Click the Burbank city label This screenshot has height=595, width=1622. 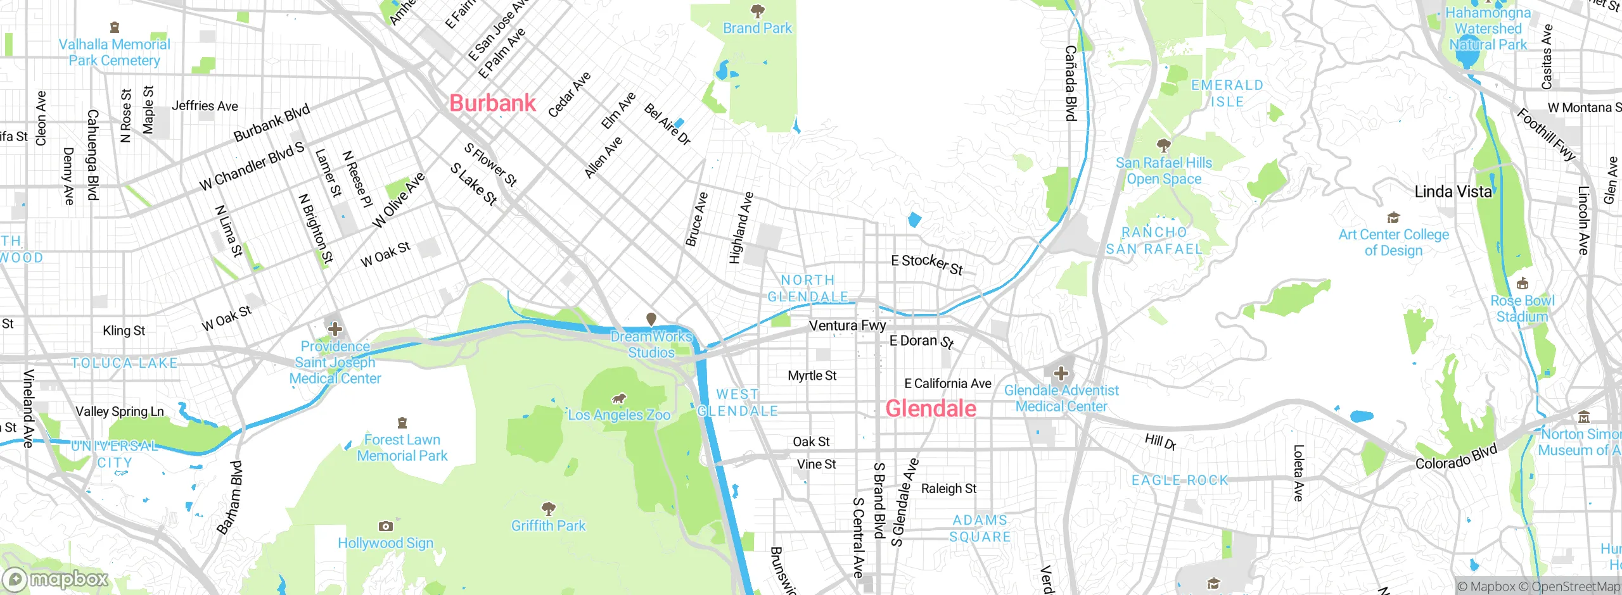(x=492, y=103)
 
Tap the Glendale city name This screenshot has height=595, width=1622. (x=930, y=409)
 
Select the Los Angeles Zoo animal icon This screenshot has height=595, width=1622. (x=618, y=399)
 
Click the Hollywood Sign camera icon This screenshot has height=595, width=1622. (x=385, y=526)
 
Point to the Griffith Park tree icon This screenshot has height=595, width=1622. (x=549, y=508)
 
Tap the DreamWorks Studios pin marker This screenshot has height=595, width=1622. (x=651, y=318)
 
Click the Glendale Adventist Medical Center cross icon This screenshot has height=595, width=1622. (x=1061, y=373)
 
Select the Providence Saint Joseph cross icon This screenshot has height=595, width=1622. (x=335, y=329)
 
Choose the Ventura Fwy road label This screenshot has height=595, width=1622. (x=847, y=326)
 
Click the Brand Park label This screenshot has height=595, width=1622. (x=757, y=28)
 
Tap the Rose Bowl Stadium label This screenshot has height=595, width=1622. (x=1522, y=309)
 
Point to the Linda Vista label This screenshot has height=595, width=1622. (x=1453, y=192)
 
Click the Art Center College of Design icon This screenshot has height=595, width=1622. (x=1393, y=218)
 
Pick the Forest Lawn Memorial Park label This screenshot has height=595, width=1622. (x=402, y=448)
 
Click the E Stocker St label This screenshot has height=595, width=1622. (x=926, y=264)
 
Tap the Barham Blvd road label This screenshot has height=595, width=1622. (x=229, y=498)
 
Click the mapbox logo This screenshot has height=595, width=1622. (x=56, y=579)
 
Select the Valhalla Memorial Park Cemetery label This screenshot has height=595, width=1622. (x=114, y=53)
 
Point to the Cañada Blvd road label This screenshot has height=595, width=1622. (x=1070, y=82)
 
